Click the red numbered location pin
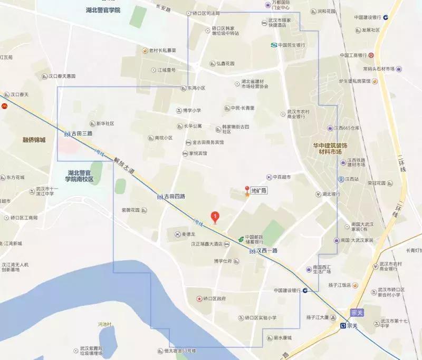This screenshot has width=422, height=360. coord(215,216)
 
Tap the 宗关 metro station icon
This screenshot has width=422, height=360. coord(343,326)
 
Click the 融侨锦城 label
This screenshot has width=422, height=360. coord(34,140)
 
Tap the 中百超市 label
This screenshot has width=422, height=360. coord(282,177)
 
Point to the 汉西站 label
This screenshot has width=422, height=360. coord(348,179)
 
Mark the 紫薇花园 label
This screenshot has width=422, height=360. coord(131,210)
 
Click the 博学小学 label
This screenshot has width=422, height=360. coord(191,110)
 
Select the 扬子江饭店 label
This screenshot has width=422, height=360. coord(338,285)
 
